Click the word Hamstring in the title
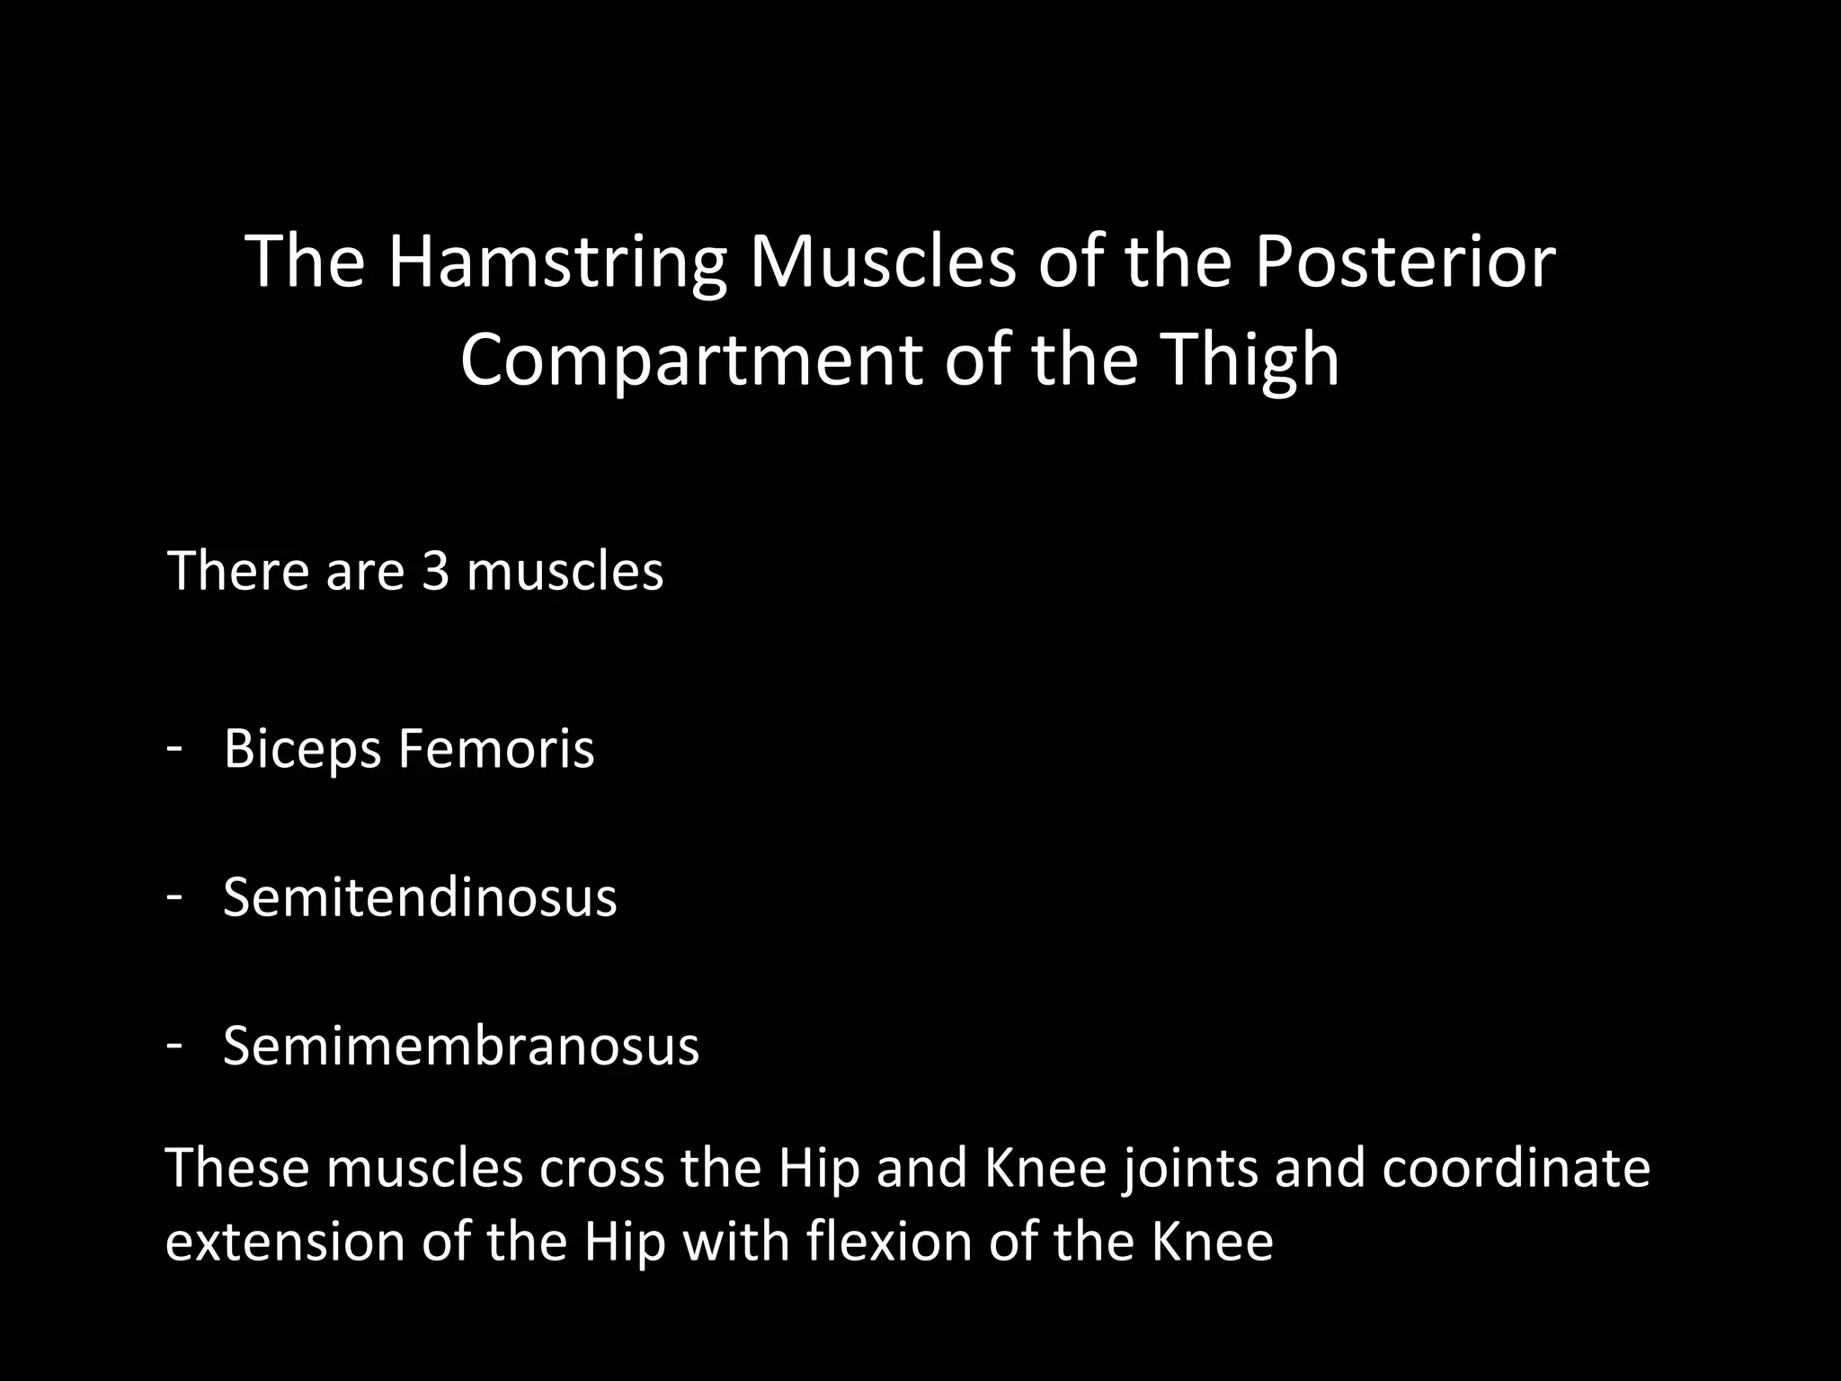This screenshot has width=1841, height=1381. pos(556,262)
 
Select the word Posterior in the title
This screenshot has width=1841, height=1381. pos(1404,262)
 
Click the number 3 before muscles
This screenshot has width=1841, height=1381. pos(435,571)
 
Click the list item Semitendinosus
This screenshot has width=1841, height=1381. pos(420,897)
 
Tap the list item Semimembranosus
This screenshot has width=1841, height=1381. pos(460,1046)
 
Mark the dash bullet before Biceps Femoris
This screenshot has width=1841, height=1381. pos(175,746)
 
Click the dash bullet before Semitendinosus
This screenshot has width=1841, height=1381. pos(175,895)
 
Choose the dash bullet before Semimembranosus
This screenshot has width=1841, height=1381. pos(175,1043)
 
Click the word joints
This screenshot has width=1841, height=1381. pos(1189,1168)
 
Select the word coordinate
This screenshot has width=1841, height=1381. pos(1516,1168)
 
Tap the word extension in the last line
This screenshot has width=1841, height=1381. pos(287,1243)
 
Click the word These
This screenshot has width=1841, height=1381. pos(237,1168)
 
